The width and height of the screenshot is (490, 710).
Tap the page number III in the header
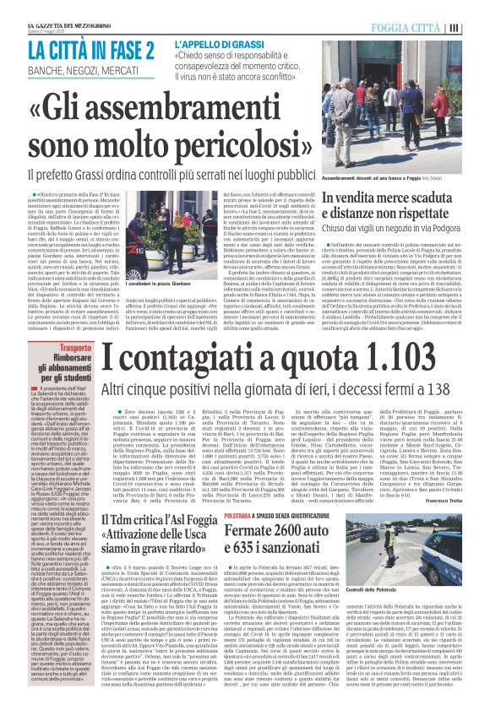[476, 27]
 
